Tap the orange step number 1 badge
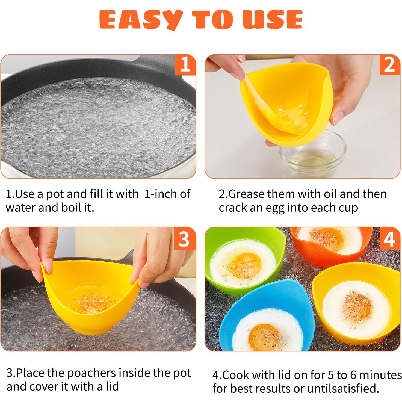(x=185, y=65)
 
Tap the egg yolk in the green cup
(x=245, y=265)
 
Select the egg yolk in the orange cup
(x=328, y=239)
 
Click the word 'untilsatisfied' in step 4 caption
(x=342, y=388)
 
